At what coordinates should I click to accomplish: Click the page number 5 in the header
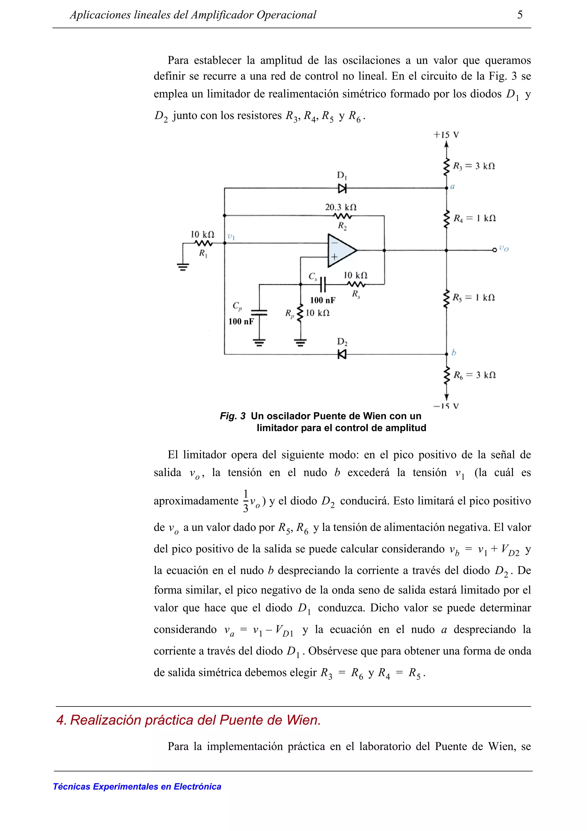click(520, 15)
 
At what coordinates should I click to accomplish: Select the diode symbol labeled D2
click(342, 354)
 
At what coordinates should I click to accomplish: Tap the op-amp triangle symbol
click(341, 250)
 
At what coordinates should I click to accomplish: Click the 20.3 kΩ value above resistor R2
click(341, 207)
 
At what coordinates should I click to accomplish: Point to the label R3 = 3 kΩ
click(474, 166)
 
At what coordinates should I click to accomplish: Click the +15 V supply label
click(446, 135)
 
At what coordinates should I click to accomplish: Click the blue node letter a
click(453, 187)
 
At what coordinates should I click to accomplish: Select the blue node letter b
click(453, 352)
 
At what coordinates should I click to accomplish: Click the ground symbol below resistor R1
click(183, 267)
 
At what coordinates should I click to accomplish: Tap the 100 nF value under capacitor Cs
click(323, 300)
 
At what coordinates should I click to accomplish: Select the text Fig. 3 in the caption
click(232, 416)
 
